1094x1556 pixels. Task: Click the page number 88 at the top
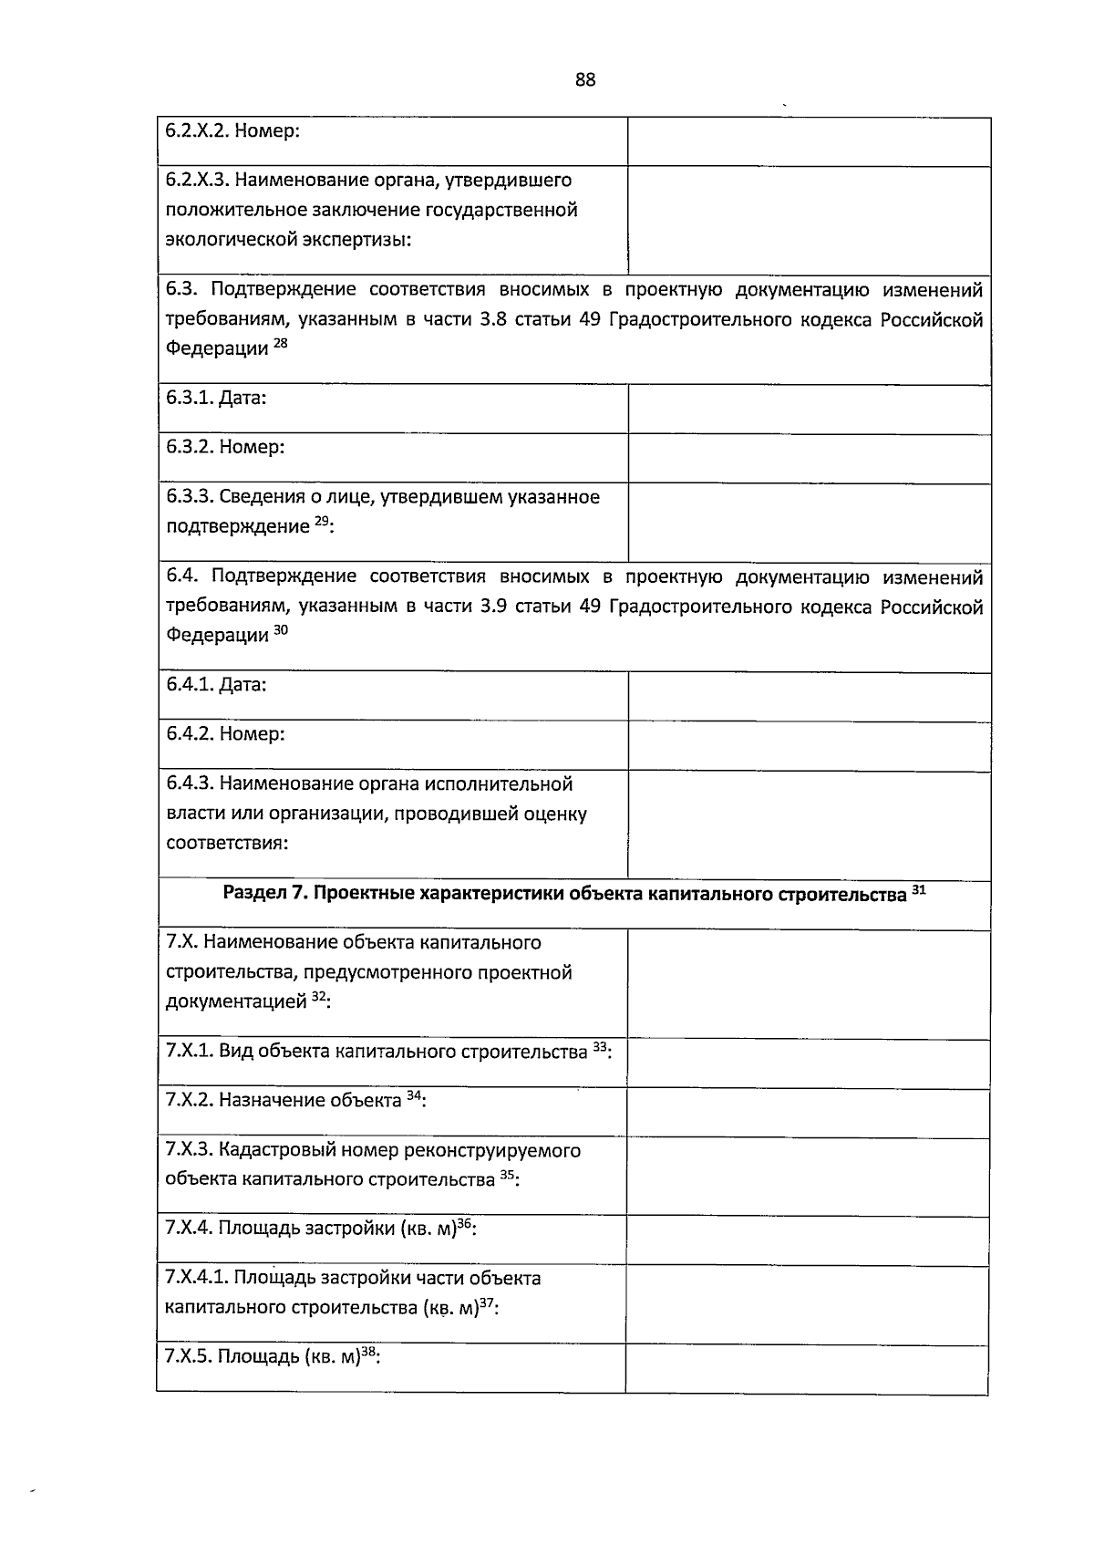(x=585, y=80)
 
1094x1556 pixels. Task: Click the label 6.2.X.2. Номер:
(x=232, y=130)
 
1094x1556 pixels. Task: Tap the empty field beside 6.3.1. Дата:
(x=809, y=409)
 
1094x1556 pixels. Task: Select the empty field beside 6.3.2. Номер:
(x=809, y=458)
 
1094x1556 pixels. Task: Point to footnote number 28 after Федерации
(x=280, y=344)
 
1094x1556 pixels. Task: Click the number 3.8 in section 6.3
(x=492, y=320)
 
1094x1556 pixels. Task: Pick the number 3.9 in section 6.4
(x=492, y=607)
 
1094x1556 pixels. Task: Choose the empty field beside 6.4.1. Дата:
(x=809, y=697)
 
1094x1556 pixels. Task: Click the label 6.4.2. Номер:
(x=225, y=734)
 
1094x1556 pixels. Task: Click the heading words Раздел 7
(x=264, y=894)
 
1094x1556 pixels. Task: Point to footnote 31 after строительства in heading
(x=919, y=890)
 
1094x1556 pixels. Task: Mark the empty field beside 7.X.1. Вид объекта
(x=809, y=1063)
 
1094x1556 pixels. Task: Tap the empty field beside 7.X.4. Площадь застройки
(x=809, y=1240)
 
